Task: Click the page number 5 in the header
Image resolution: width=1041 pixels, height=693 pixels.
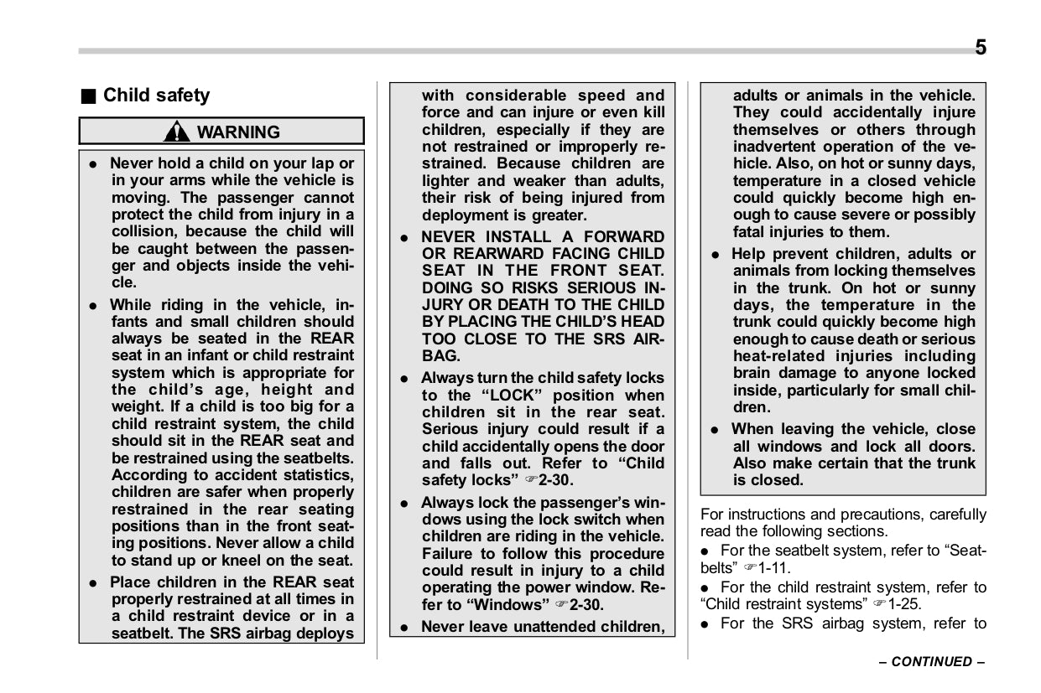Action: pos(980,47)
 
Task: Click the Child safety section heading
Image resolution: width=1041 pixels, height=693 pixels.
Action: pos(156,96)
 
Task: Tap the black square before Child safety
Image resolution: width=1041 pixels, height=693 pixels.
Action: pos(87,96)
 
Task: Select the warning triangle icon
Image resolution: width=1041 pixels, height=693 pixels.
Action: pos(177,132)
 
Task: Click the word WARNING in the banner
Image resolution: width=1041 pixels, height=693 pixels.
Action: pos(238,132)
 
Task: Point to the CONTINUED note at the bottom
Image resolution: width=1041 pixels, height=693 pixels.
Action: pos(931,661)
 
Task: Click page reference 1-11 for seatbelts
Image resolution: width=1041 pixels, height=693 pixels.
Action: pos(774,567)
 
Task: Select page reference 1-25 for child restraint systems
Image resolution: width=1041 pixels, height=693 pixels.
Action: pos(903,603)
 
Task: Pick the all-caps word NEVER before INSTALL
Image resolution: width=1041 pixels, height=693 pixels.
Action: pos(448,236)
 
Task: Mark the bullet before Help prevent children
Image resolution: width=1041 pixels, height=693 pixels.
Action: pos(715,254)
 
